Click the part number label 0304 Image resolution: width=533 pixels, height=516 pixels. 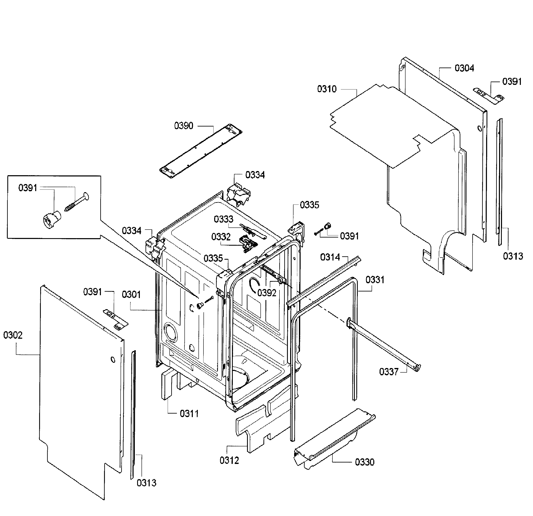(x=464, y=68)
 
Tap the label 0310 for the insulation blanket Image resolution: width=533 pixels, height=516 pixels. (x=327, y=89)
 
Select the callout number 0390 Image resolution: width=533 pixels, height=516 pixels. (x=184, y=126)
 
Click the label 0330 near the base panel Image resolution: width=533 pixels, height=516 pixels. (x=364, y=462)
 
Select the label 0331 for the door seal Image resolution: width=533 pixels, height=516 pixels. (x=375, y=280)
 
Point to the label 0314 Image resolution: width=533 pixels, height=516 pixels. (x=330, y=257)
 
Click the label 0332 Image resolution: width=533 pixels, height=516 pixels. (x=221, y=237)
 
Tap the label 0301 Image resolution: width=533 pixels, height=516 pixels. (x=131, y=294)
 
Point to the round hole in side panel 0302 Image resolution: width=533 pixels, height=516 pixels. (x=113, y=360)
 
